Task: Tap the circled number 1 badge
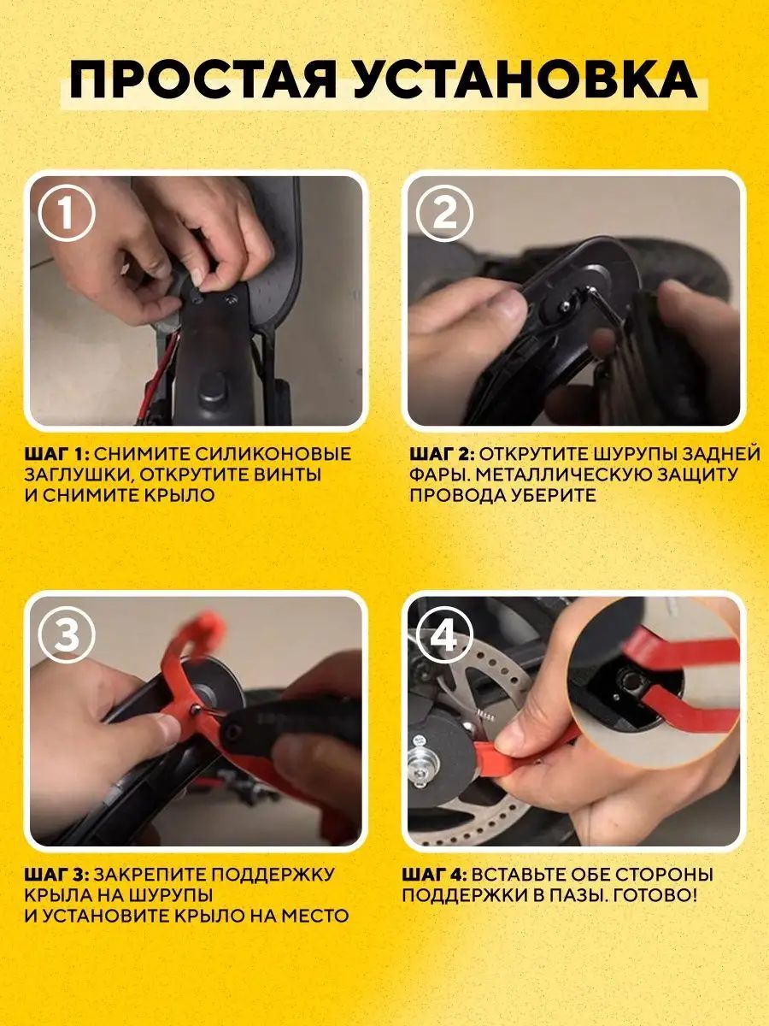(x=67, y=214)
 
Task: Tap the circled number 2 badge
(x=444, y=214)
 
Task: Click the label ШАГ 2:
(x=442, y=453)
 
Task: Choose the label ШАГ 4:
(x=436, y=874)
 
